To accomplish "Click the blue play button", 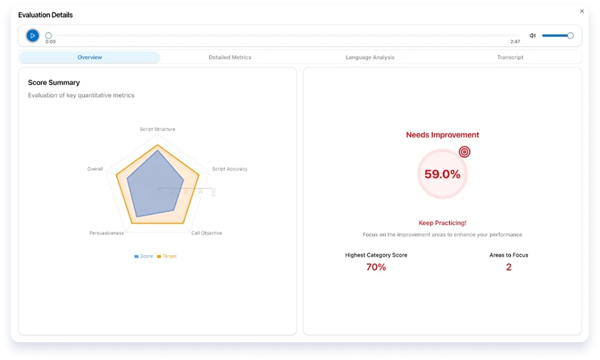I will [32, 36].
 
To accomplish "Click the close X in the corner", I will [581, 11].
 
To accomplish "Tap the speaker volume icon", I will [532, 36].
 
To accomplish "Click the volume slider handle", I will [570, 36].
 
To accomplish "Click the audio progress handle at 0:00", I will [48, 36].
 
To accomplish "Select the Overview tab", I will [89, 57].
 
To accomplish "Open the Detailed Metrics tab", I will [230, 57].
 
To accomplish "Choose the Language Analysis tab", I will [370, 57].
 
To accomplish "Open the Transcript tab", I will [510, 57].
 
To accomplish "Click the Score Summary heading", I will [54, 82].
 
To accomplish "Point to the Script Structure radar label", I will [157, 129].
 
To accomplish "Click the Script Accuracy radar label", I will [229, 169].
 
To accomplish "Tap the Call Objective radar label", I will [206, 233].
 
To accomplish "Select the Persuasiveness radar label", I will [106, 233].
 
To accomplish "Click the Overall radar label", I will [95, 169].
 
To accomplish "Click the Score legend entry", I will [144, 256].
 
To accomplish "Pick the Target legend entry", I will [167, 256].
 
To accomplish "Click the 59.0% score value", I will [442, 174].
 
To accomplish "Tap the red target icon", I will [464, 151].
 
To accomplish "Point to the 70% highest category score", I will [376, 267].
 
